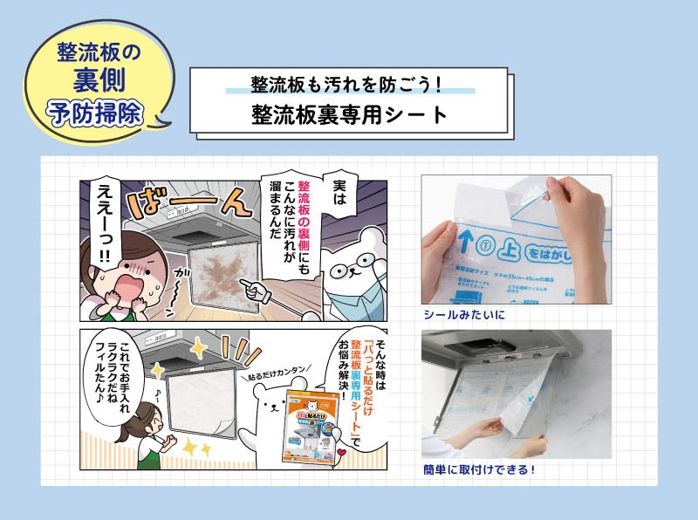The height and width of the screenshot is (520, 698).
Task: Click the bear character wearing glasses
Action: click(349, 270)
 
